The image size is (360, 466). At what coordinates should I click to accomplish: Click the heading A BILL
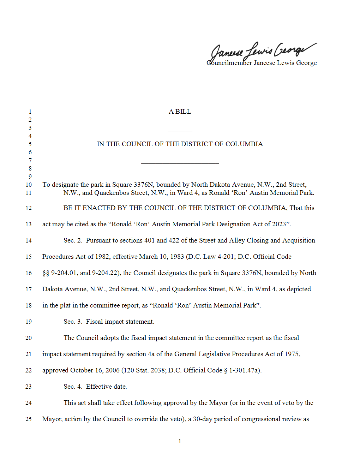tap(180, 112)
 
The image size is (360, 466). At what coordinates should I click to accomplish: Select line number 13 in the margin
tap(29, 224)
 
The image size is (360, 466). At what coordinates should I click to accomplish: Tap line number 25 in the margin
tap(29, 419)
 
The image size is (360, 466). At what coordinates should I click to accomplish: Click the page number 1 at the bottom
tap(180, 441)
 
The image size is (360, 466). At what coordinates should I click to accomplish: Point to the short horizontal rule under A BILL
tap(180, 131)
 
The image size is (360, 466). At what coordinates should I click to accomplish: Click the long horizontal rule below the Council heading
tap(180, 163)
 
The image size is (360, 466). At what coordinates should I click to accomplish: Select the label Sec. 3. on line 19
tap(73, 322)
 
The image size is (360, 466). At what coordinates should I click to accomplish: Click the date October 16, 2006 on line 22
tap(95, 370)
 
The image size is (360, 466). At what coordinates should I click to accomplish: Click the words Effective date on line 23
tap(106, 387)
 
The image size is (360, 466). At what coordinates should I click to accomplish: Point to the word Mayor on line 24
tap(218, 403)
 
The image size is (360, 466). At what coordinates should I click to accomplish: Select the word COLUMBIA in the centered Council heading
tap(244, 144)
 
